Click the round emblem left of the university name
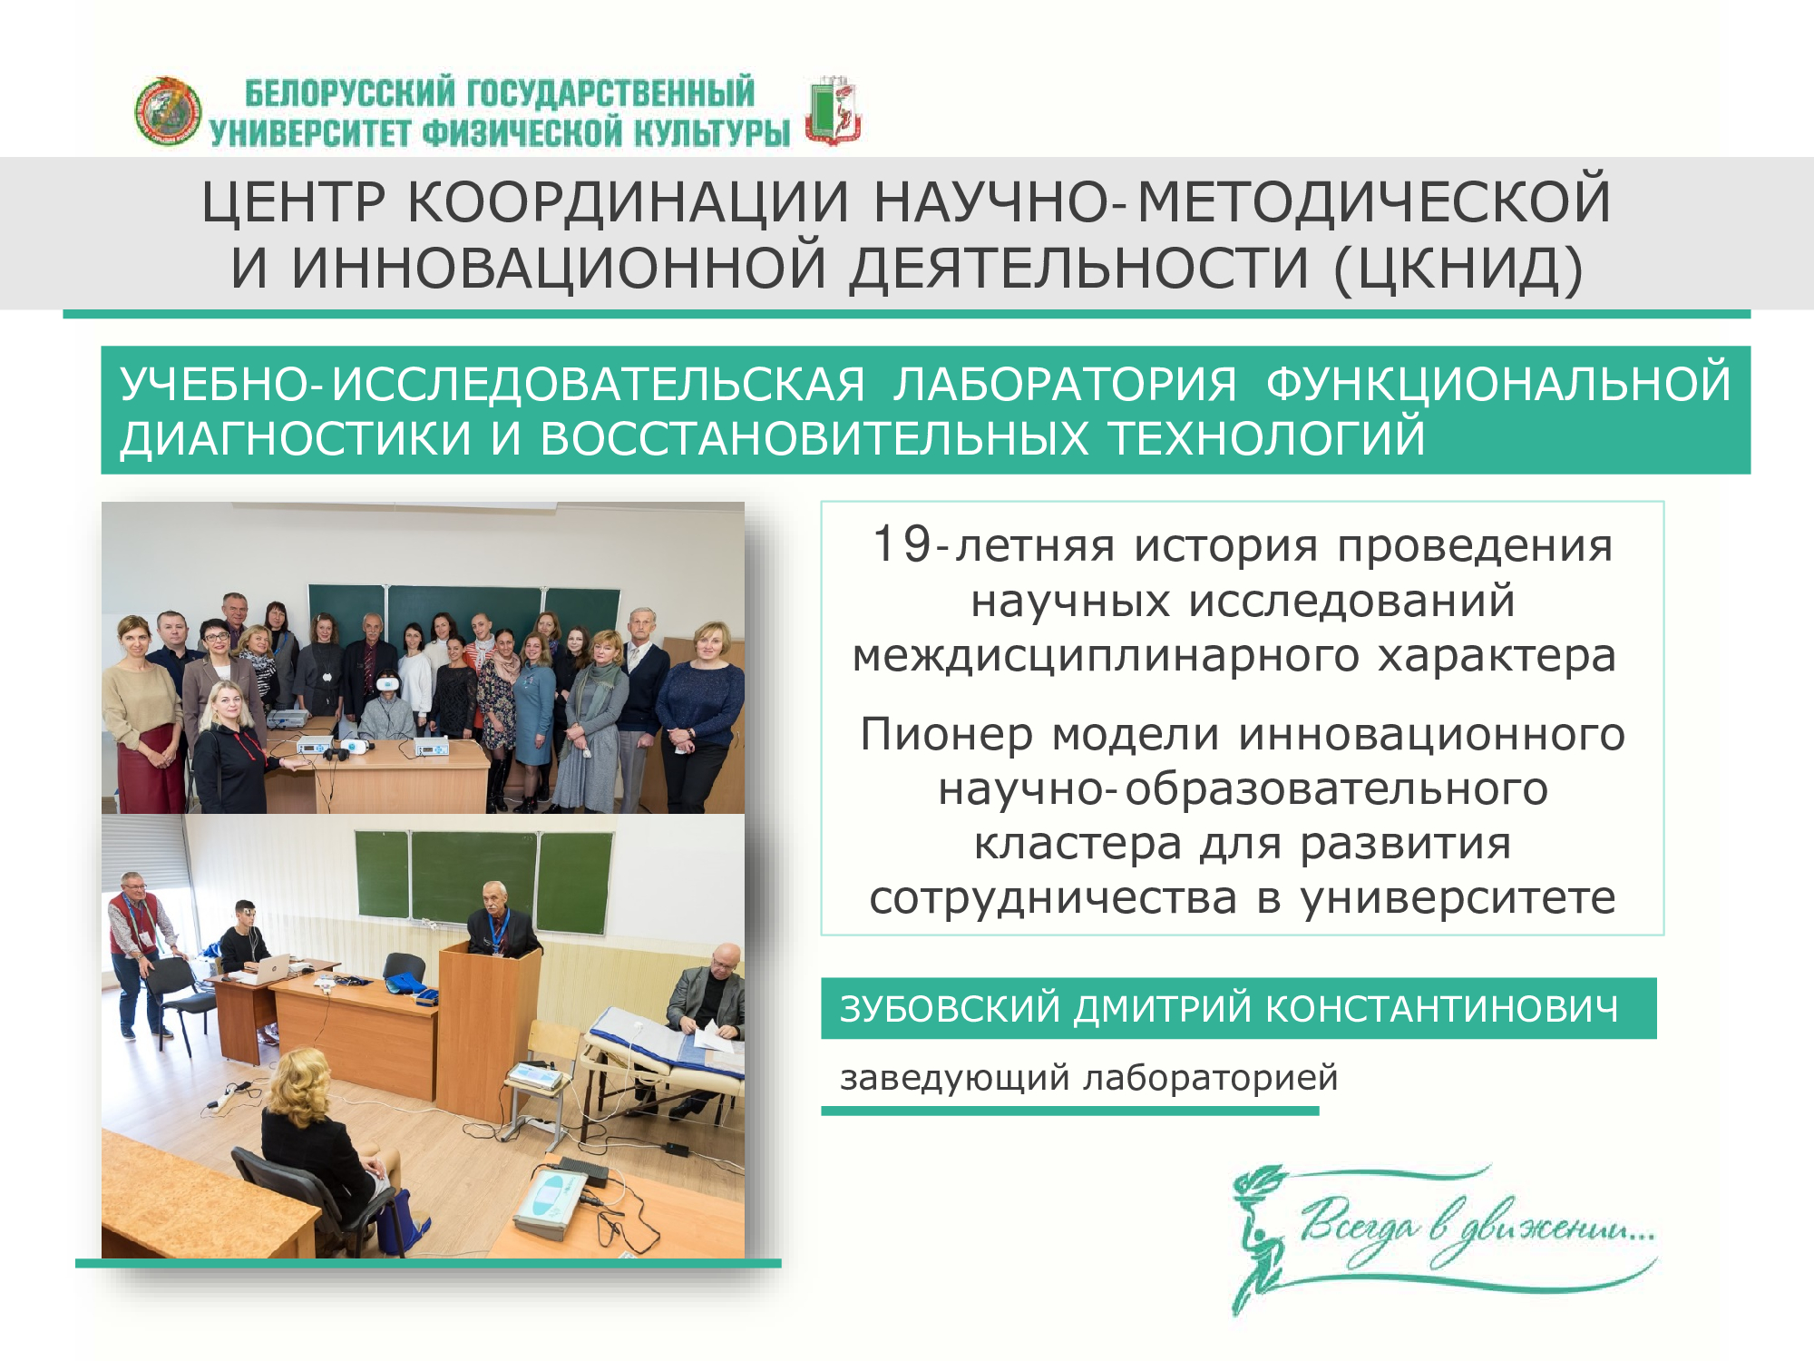tap(168, 111)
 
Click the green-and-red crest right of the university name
tap(834, 111)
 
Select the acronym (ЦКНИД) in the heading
tap(1458, 269)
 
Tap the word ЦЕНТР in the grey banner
tap(293, 201)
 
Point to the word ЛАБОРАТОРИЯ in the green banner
tap(1066, 384)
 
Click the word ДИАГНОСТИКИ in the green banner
tap(296, 438)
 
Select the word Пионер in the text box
tap(946, 734)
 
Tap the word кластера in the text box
tap(1078, 844)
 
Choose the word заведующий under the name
tap(955, 1079)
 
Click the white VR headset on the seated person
tap(387, 680)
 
